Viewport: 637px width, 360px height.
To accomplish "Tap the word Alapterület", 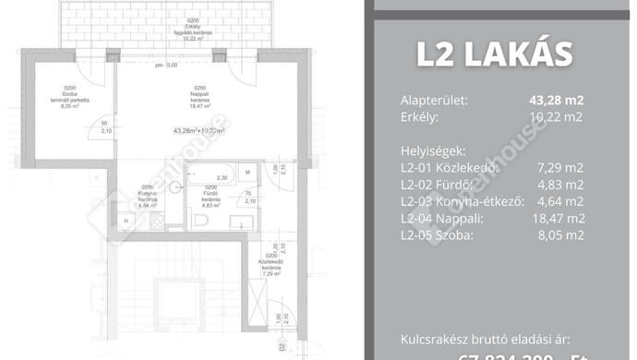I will click(435, 101).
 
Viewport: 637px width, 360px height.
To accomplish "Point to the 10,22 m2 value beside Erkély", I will click(557, 117).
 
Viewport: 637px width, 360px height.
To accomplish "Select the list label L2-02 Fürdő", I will click(440, 185).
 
